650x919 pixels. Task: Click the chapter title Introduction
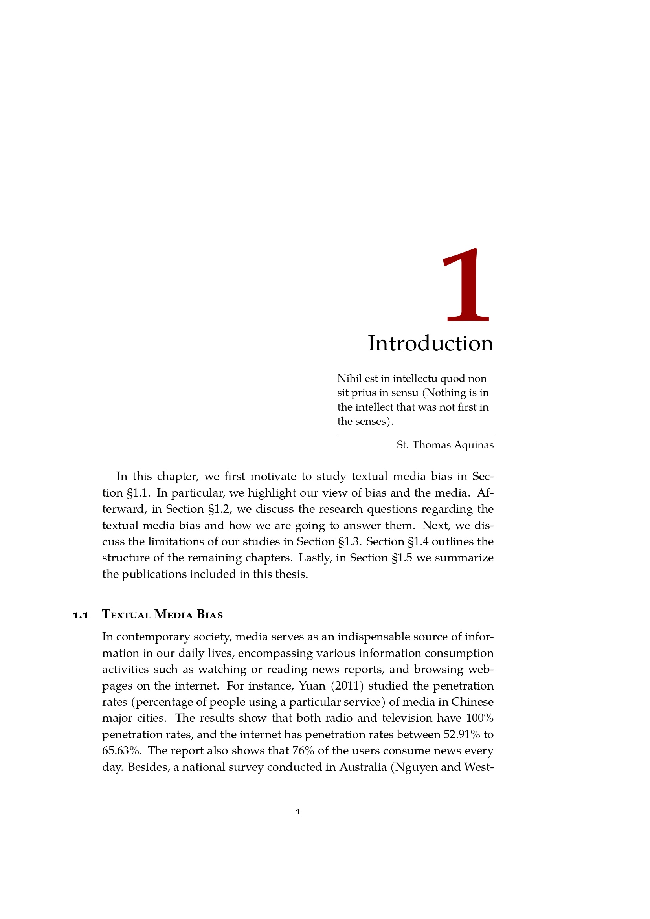pyautogui.click(x=430, y=343)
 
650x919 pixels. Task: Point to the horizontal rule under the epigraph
pyautogui.click(x=415, y=436)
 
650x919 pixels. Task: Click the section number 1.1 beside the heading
pyautogui.click(x=81, y=615)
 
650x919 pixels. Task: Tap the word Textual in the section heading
pyautogui.click(x=126, y=615)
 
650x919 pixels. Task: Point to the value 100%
pyautogui.click(x=479, y=718)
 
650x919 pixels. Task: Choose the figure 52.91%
pyautogui.click(x=461, y=734)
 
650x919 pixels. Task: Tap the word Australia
pyautogui.click(x=363, y=767)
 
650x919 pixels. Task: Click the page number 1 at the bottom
pyautogui.click(x=298, y=812)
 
